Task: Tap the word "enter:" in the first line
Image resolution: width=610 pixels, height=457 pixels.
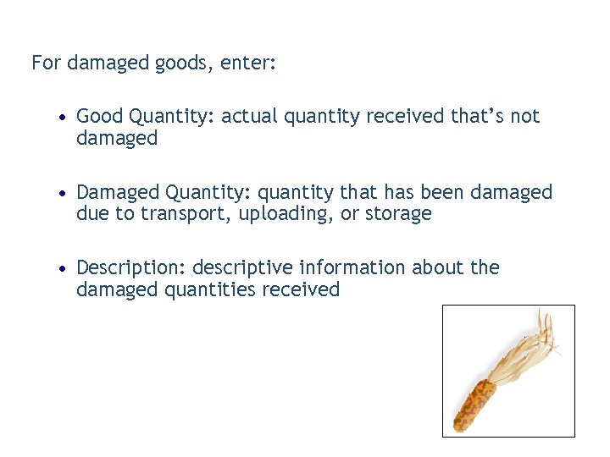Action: click(248, 63)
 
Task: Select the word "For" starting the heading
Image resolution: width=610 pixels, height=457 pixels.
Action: click(47, 63)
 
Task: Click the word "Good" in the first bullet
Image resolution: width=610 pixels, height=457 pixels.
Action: click(98, 116)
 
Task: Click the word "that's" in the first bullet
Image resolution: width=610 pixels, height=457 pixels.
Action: click(477, 116)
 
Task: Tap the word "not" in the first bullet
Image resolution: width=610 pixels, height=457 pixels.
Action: click(524, 116)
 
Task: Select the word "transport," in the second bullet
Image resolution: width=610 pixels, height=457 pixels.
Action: click(186, 214)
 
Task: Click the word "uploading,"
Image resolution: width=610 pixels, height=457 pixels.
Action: click(286, 214)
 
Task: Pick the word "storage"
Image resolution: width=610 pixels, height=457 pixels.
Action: click(398, 214)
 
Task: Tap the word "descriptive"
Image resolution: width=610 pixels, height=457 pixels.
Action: click(243, 268)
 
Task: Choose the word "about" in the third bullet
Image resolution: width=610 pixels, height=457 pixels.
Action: click(439, 268)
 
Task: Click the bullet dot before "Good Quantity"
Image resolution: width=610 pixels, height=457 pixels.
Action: click(64, 117)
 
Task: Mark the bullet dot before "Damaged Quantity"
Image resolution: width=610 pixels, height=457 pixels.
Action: click(64, 193)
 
